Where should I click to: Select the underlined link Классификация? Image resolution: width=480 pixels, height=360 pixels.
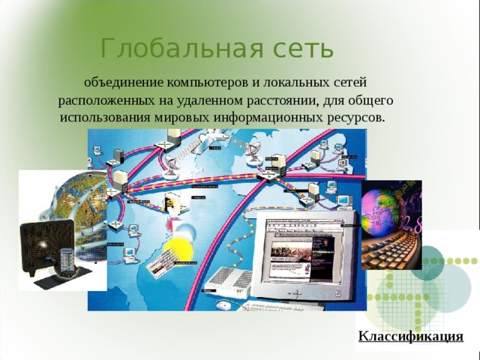pos(410,336)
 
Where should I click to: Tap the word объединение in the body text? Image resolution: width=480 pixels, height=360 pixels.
pos(123,80)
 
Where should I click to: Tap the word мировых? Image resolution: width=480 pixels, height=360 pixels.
pos(186,118)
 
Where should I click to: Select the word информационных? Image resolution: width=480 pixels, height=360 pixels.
pos(271,118)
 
